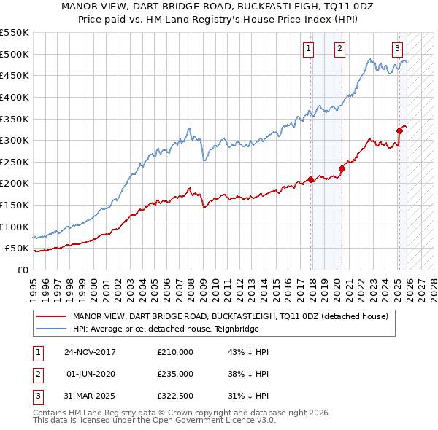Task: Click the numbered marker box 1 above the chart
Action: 308,49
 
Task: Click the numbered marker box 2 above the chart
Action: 340,49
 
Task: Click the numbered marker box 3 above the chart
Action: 397,49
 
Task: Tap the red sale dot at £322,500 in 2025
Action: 399,131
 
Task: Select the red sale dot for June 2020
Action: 342,168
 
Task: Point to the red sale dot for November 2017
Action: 311,179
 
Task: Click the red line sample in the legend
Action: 52,316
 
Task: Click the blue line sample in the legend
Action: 52,329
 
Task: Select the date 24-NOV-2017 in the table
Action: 90,352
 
